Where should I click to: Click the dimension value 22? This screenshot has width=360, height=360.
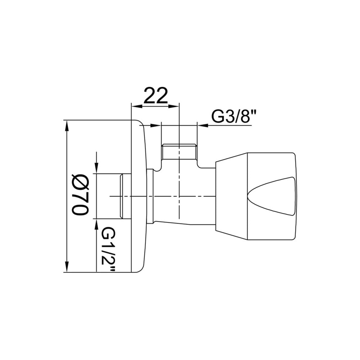pyautogui.click(x=156, y=95)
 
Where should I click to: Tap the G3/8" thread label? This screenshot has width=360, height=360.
pyautogui.click(x=231, y=117)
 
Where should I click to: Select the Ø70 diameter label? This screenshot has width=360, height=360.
pyautogui.click(x=80, y=195)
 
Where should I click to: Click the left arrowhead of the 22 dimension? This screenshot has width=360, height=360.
pyautogui.click(x=136, y=106)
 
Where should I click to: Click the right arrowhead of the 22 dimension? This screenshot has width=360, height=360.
pyautogui.click(x=174, y=106)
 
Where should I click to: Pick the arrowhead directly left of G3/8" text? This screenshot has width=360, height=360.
pyautogui.click(x=203, y=125)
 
